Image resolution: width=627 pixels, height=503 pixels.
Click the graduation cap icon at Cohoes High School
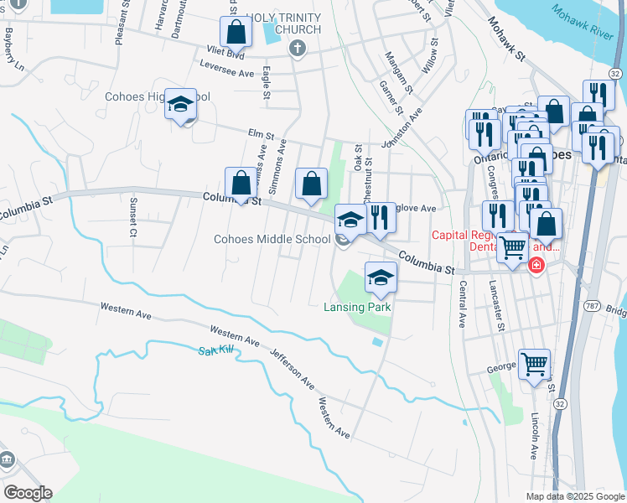180,105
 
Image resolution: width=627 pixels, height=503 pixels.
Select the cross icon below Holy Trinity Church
296,49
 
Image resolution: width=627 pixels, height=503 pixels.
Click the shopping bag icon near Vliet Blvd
237,33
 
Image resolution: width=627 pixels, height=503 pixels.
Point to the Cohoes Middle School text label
272,239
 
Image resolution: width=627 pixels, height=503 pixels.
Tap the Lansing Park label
358,307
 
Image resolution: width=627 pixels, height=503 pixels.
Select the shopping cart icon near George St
534,365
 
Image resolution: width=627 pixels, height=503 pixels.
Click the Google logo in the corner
28,493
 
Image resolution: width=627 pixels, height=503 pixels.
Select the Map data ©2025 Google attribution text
574,496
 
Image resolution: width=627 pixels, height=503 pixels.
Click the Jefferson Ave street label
292,369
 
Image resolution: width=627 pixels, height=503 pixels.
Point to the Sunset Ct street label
132,217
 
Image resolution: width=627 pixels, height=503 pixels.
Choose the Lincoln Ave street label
534,436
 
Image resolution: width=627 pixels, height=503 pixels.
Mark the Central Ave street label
462,303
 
